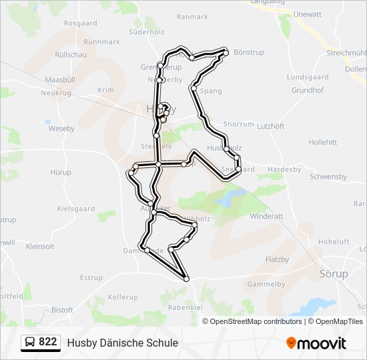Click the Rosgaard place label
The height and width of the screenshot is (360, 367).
[80, 23]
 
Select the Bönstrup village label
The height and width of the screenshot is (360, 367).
[250, 52]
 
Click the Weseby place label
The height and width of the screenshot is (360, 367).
[61, 129]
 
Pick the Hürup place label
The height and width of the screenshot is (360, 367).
[60, 172]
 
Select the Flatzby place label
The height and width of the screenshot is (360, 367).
[277, 259]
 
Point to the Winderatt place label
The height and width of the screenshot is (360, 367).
[266, 216]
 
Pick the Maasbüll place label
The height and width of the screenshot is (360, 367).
[59, 80]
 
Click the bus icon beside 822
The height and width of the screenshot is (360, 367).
[30, 343]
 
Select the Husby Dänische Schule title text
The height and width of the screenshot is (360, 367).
[122, 343]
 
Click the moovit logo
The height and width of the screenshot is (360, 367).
[316, 343]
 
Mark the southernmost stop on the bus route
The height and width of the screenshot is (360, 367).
[186, 278]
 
